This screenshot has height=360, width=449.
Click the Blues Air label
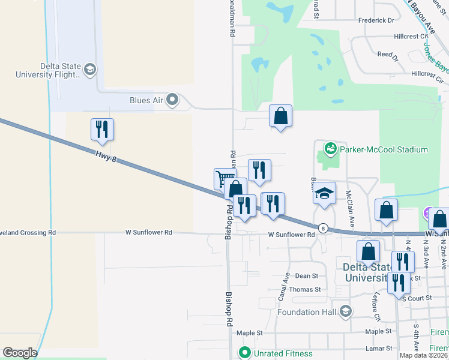(x=146, y=100)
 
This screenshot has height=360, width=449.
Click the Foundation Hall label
(x=307, y=312)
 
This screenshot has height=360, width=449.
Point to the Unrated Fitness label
(x=276, y=353)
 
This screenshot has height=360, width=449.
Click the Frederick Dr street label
(x=376, y=20)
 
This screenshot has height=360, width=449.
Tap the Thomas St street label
(x=306, y=289)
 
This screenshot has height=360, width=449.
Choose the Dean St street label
(x=306, y=276)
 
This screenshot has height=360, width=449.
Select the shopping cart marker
(x=224, y=178)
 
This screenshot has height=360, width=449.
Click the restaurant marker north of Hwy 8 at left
(x=102, y=129)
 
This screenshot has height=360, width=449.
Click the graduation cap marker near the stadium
(x=324, y=193)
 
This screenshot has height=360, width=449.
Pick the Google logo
(x=20, y=353)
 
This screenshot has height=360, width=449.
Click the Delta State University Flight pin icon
(x=90, y=70)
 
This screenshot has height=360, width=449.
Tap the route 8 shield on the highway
(x=323, y=228)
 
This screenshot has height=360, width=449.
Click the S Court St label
(x=417, y=298)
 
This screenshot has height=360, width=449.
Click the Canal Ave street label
(x=283, y=287)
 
